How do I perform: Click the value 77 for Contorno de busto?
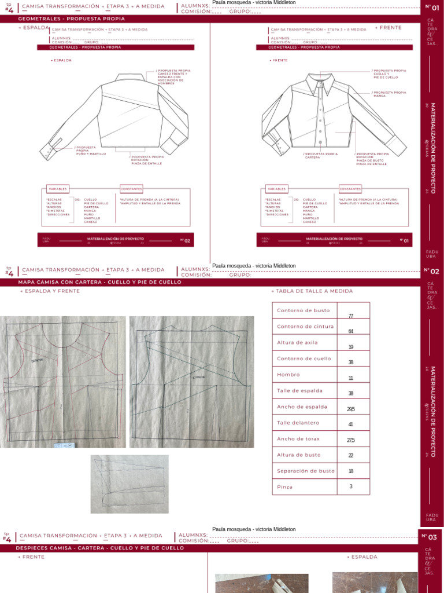[351, 316]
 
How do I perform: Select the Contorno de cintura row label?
[305, 327]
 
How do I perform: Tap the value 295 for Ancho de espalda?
[351, 409]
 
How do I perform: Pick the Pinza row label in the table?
[285, 487]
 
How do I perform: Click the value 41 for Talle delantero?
[351, 424]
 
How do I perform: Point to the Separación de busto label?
[306, 471]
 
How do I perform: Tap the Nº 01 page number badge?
[431, 7]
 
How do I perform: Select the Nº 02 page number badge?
[431, 270]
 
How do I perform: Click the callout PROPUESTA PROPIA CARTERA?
[321, 155]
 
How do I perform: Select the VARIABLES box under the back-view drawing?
[58, 189]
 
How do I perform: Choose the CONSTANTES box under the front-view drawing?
[350, 189]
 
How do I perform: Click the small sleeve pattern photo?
[129, 484]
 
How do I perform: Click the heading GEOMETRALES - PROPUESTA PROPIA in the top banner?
[60, 19]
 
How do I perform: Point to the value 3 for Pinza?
[351, 486]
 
